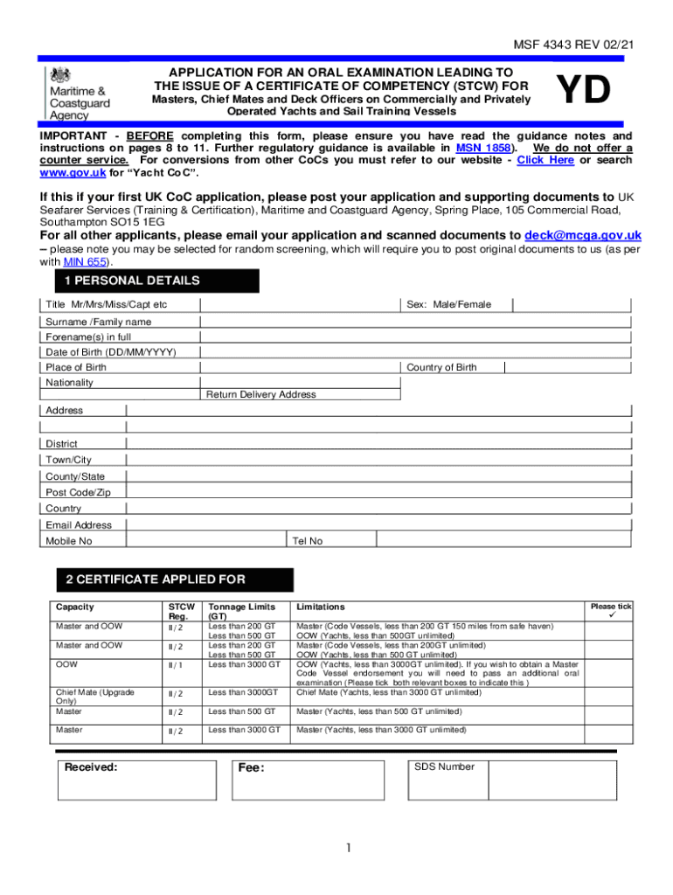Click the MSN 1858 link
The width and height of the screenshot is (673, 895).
pos(477,149)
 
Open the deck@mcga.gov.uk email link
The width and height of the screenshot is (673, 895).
pos(583,235)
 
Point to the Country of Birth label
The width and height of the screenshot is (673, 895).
pos(441,368)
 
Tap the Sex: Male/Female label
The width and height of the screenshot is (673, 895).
pos(448,304)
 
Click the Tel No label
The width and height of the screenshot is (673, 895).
pos(308,541)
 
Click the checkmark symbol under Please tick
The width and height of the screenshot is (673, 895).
pos(613,615)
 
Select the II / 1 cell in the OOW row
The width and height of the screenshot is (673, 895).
pos(176,664)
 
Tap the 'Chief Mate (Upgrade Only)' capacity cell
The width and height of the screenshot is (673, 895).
pos(94,697)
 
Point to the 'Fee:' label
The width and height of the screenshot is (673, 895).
pos(251,768)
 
